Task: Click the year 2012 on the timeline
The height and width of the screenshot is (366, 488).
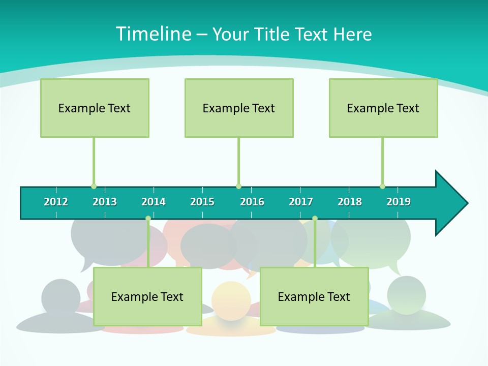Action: click(56, 202)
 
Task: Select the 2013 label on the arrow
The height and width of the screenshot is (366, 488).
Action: click(105, 202)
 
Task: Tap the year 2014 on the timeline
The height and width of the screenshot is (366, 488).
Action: click(154, 202)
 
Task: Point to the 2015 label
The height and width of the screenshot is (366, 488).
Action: click(202, 202)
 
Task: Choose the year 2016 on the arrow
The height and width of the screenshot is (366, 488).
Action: click(252, 202)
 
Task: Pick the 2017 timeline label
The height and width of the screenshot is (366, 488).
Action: click(301, 202)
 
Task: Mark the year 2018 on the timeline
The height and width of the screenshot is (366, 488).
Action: click(350, 202)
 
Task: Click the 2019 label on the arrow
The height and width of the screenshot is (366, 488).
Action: click(399, 202)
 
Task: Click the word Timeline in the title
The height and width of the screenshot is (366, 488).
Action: click(153, 34)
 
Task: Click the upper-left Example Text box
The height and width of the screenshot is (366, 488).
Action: click(95, 108)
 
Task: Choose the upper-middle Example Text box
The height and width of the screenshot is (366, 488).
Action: click(239, 108)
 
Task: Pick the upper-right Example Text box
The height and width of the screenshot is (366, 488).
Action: click(383, 108)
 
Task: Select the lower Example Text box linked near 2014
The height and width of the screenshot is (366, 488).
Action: click(147, 296)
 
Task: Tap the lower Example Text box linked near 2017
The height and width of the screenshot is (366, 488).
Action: click(314, 296)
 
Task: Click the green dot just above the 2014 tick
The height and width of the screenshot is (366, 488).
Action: click(148, 219)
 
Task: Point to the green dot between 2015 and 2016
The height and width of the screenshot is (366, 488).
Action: click(238, 186)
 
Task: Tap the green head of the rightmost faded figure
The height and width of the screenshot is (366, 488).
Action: click(406, 294)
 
